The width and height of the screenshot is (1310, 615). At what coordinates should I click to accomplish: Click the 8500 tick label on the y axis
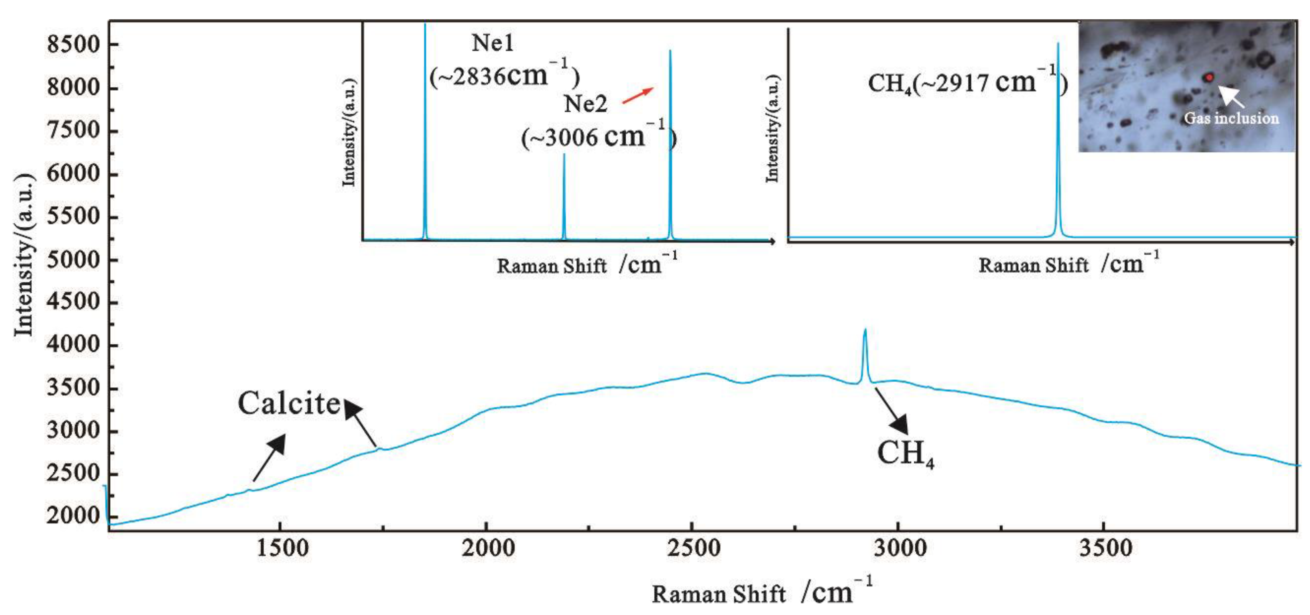[74, 45]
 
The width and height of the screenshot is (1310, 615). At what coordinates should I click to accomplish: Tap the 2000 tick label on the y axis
[74, 516]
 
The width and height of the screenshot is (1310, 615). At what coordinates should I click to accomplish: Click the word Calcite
[289, 404]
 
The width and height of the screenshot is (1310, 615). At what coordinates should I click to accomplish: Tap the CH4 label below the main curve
[905, 453]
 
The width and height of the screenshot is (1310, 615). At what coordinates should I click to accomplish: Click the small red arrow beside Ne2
[638, 95]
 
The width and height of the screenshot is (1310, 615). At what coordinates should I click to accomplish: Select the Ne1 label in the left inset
[492, 43]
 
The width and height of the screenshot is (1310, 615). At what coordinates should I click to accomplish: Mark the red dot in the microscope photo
[1209, 77]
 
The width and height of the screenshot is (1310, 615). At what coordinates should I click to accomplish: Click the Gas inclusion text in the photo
[1231, 118]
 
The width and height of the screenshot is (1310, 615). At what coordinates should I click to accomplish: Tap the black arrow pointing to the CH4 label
[893, 412]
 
